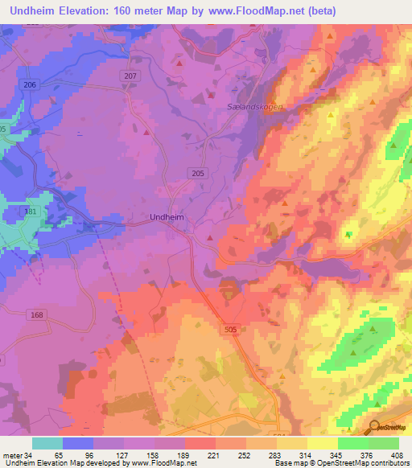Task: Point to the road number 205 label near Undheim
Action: [x=198, y=173]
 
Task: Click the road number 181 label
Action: [x=31, y=211]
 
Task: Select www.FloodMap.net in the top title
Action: [x=260, y=10]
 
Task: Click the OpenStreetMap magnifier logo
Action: [x=374, y=427]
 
